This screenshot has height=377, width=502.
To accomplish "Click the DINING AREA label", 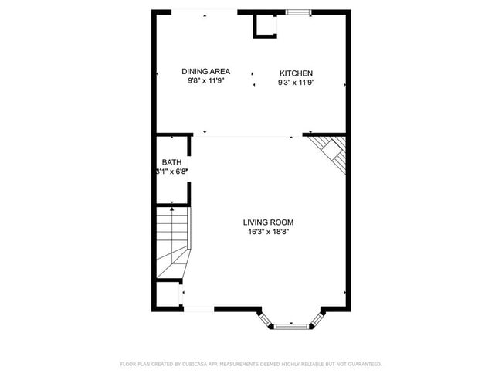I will [x=205, y=71].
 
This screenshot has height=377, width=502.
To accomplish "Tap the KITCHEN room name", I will [x=297, y=73].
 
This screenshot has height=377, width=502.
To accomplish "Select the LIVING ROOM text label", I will [x=270, y=222].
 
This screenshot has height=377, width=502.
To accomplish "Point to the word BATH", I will [x=171, y=162].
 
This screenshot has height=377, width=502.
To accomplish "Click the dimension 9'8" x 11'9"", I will [x=205, y=80].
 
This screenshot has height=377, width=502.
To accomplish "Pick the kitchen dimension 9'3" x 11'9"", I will [x=297, y=82].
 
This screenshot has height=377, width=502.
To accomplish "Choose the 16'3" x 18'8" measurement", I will [x=270, y=232].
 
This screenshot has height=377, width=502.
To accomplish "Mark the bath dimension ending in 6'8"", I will [x=172, y=172].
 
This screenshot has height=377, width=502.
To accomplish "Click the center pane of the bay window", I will [x=291, y=326].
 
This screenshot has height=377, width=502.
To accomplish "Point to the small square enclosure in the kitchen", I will [x=265, y=25].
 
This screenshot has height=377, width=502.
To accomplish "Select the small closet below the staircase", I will [x=168, y=294].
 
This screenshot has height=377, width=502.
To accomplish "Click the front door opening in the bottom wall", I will [x=198, y=309].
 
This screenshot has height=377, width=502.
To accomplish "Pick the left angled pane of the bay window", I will [x=266, y=318].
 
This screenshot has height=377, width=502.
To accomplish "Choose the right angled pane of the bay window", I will [x=317, y=318].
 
